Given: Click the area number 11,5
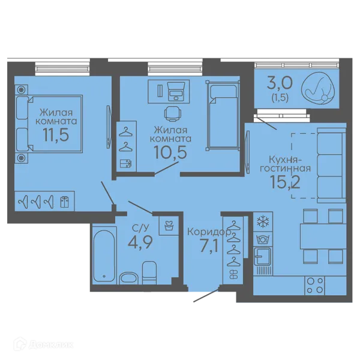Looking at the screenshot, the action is (56, 135).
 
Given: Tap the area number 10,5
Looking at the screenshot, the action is (170, 152).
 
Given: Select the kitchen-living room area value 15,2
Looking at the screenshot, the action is (286, 182).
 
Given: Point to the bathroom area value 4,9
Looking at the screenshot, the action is (140, 242).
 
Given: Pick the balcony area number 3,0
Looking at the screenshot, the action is (280, 83).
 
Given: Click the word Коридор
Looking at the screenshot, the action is (209, 232).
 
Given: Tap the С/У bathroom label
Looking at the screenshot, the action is (140, 228).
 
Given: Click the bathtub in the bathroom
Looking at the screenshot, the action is (104, 256).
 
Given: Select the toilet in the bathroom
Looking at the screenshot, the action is (149, 273).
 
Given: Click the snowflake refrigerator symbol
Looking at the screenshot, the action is (263, 222).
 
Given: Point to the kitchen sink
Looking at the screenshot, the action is (262, 256).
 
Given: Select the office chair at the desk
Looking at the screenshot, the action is (173, 113).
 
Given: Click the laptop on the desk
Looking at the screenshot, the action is (176, 92).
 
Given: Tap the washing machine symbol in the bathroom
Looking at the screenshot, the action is (169, 226).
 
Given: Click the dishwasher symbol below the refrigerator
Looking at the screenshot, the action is (263, 240).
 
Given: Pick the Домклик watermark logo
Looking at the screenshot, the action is (44, 344).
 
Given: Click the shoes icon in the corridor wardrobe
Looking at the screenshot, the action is (233, 275).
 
